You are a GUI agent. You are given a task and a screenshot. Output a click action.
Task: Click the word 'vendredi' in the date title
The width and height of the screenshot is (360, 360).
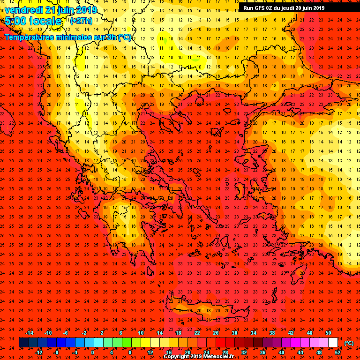[x=23, y=10]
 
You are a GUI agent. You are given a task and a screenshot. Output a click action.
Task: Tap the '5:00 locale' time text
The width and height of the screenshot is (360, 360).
[x=33, y=21]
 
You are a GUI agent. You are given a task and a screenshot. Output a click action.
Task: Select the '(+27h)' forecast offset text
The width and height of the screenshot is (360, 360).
[x=81, y=21]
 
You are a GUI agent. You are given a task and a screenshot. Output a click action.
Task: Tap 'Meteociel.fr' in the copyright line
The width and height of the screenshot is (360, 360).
[x=216, y=357]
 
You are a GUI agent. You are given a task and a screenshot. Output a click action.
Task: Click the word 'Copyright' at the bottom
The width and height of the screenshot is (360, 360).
[x=176, y=357]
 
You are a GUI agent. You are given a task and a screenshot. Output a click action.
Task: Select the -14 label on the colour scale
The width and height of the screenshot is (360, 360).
[x=29, y=333]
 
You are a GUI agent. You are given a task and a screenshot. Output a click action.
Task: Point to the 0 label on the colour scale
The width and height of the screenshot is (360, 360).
[x=92, y=352]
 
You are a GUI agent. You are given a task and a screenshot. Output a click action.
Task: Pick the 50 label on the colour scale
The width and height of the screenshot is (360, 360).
[x=328, y=333]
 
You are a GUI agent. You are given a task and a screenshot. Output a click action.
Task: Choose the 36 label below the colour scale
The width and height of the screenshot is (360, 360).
[x=262, y=352]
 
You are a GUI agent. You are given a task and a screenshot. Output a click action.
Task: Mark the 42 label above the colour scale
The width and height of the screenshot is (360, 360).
[x=291, y=333]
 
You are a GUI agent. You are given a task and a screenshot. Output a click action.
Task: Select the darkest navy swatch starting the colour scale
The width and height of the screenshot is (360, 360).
[x=23, y=343]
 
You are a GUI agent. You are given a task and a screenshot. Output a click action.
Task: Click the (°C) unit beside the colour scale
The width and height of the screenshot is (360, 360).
[x=349, y=343]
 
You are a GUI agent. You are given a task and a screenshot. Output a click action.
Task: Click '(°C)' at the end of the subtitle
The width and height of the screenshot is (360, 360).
[x=124, y=37]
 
